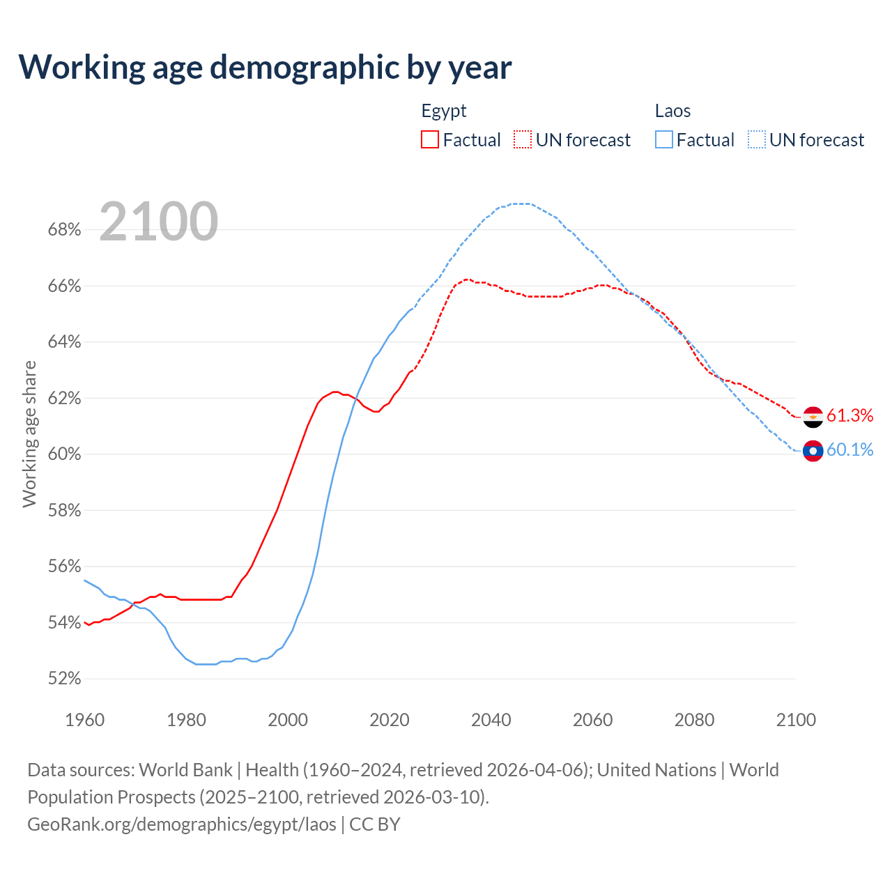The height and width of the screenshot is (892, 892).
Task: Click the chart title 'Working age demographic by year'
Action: click(265, 67)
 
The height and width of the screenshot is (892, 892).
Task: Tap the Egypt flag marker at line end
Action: click(813, 417)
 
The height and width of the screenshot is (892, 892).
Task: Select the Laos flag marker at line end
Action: click(813, 451)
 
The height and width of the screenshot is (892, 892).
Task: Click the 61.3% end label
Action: click(849, 416)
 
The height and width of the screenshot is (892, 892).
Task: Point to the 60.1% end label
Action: click(849, 450)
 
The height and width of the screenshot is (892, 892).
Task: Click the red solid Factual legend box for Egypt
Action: click(430, 140)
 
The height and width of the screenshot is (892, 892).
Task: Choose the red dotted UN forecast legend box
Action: click(523, 140)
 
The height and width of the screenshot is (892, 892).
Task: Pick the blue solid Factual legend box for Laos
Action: click(663, 140)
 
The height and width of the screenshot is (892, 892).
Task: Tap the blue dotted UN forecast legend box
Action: click(756, 140)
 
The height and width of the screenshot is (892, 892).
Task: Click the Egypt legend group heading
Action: click(444, 111)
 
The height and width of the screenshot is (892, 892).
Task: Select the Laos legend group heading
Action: click(672, 111)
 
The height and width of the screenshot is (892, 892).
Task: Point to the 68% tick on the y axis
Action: click(64, 230)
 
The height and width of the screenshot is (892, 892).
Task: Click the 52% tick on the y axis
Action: click(64, 679)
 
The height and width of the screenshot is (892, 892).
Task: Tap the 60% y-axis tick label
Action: click(64, 454)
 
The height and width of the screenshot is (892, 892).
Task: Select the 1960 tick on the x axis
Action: click(85, 720)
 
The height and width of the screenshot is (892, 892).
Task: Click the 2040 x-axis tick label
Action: click(491, 720)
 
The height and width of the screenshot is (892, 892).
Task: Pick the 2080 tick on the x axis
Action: click(694, 720)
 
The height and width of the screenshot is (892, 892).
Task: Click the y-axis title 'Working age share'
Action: click(29, 434)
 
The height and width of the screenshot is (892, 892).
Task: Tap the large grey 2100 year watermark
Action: click(159, 222)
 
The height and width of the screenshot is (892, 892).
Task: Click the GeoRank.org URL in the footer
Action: click(181, 824)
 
